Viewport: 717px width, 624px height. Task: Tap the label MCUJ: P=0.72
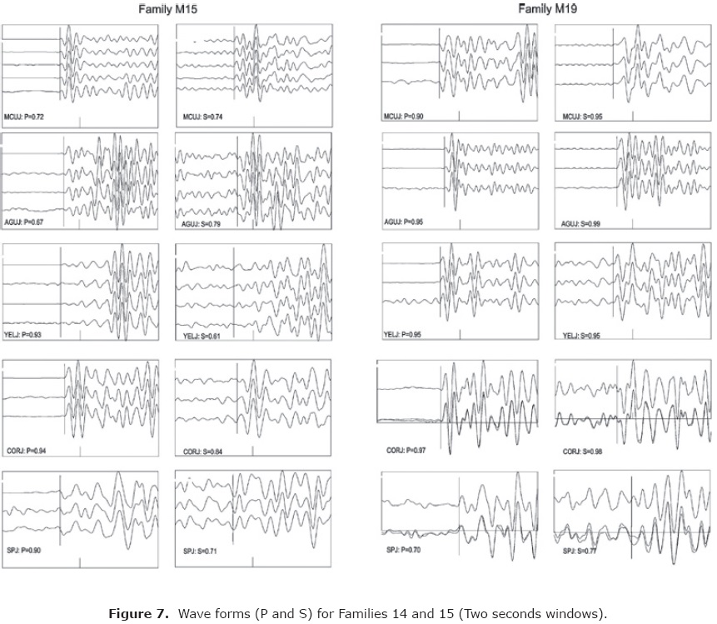24,117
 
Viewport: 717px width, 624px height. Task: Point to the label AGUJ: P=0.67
24,223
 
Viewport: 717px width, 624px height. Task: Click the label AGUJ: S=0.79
202,224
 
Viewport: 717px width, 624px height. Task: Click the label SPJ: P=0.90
23,552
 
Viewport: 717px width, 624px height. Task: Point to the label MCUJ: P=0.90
404,117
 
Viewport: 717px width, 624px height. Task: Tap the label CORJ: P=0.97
406,450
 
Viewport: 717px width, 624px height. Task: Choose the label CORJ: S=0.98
583,452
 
